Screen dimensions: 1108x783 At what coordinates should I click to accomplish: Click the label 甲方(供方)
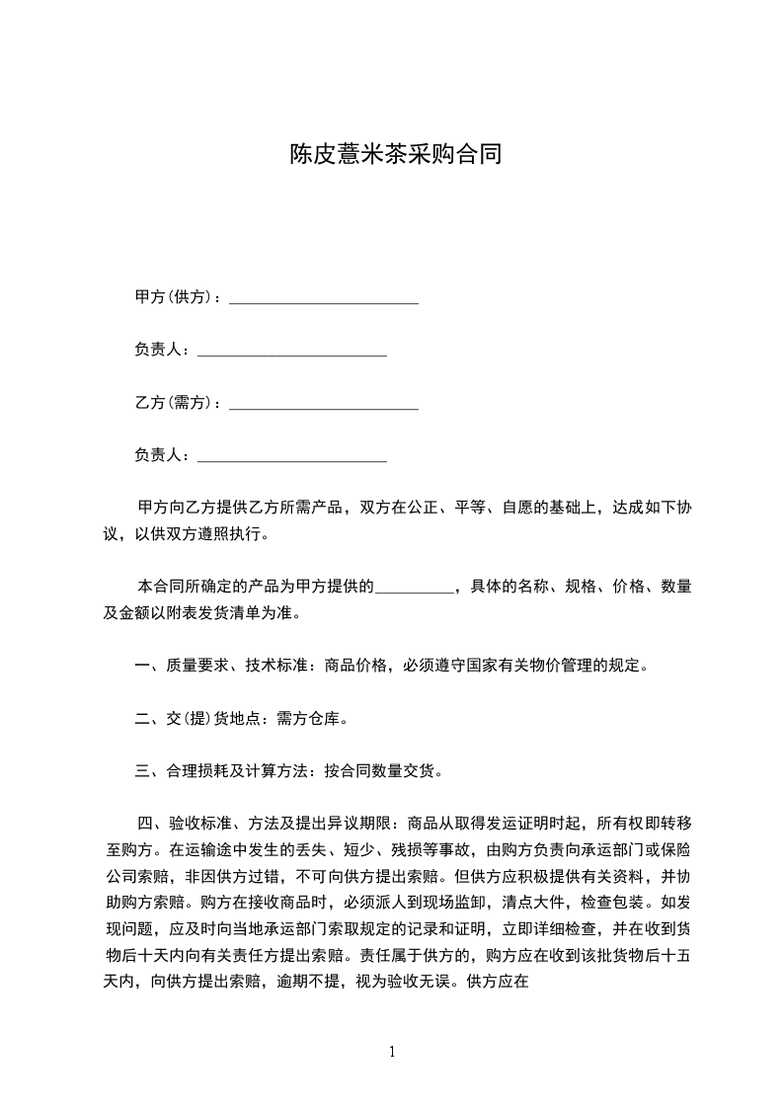174,297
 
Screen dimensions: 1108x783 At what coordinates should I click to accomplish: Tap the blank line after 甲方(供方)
323,299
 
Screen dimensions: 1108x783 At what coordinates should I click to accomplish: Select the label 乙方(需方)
174,403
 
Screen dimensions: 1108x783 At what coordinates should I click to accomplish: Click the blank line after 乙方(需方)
323,405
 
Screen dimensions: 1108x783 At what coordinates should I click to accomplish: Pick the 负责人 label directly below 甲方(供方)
158,350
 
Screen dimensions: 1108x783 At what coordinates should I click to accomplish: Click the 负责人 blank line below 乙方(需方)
292,457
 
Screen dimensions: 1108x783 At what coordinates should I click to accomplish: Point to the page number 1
392,1052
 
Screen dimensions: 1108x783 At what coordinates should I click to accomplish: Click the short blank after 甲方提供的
415,588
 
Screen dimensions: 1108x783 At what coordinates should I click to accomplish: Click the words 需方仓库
307,719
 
